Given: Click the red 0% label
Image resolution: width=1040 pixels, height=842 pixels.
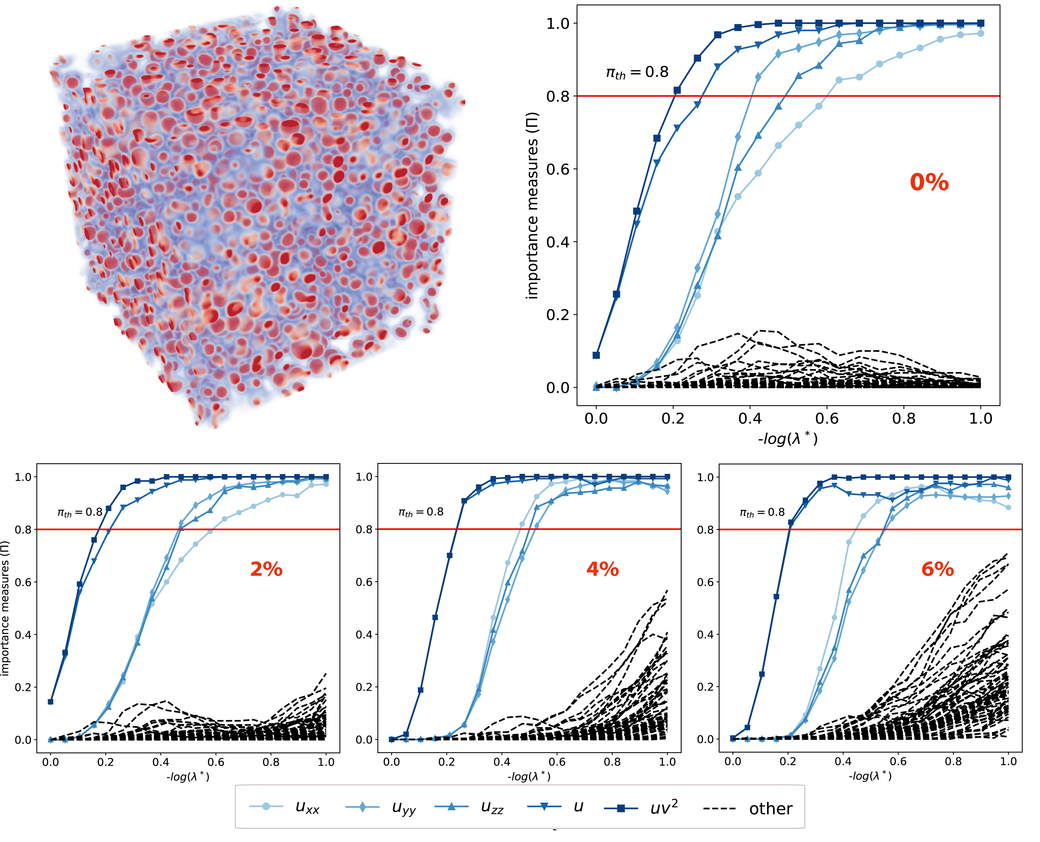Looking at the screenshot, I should [928, 182].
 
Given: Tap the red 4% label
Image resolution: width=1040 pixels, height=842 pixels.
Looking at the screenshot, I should [602, 569].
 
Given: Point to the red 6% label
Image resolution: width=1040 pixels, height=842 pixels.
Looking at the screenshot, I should [937, 569].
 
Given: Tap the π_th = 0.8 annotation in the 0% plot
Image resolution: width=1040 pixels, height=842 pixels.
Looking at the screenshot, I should [636, 73].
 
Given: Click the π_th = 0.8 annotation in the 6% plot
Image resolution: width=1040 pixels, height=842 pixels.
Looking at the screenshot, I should [762, 512].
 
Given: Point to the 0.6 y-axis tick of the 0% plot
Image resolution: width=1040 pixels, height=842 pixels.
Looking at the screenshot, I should [558, 169].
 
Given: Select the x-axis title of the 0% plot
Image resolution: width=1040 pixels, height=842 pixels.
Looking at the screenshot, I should [788, 438].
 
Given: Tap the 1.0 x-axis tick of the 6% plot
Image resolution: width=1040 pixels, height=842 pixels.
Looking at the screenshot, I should [1008, 762].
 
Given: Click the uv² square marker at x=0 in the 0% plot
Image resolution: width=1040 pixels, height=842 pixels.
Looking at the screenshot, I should [596, 355].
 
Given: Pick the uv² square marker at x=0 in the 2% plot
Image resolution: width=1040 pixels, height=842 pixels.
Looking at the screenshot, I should [50, 702].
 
